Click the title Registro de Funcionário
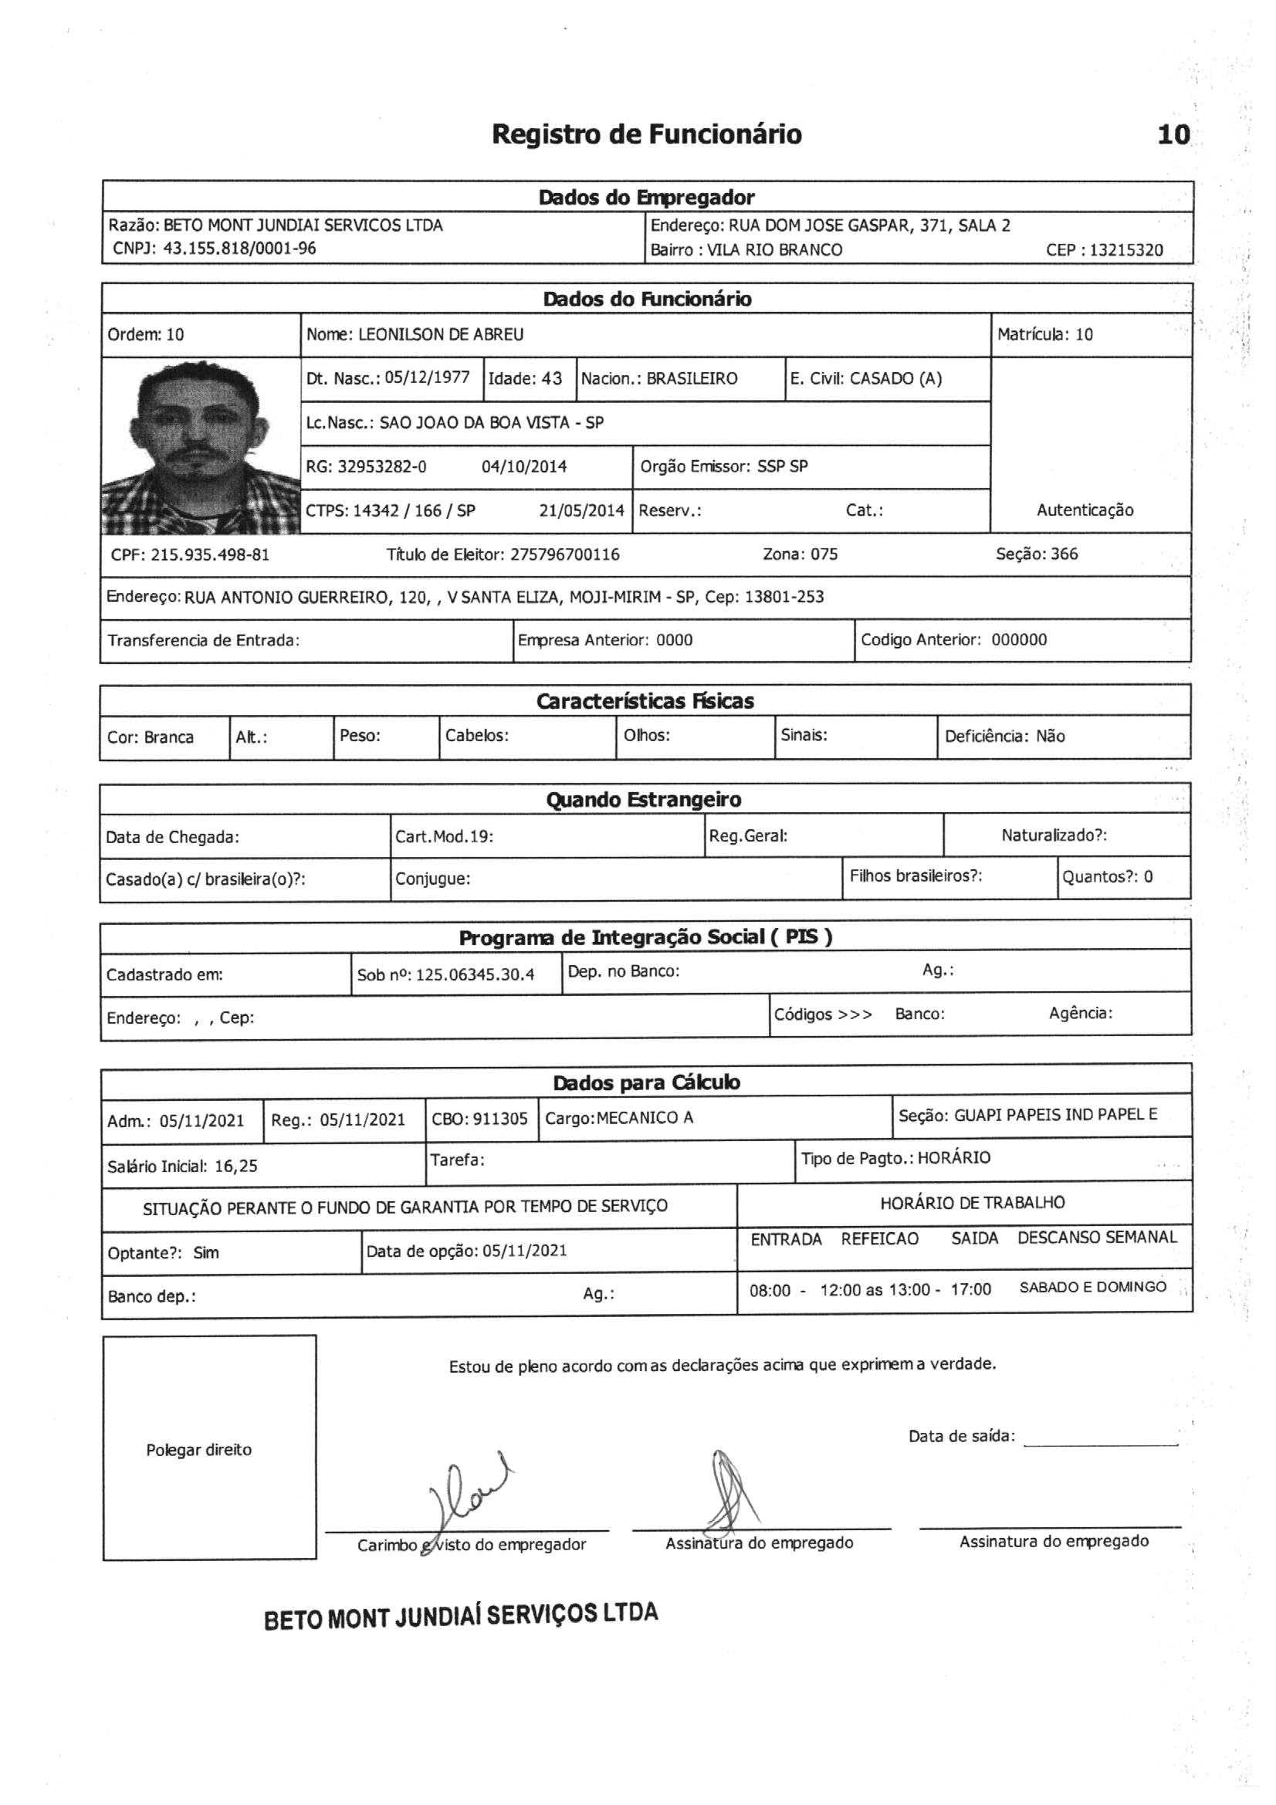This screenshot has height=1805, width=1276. point(646,134)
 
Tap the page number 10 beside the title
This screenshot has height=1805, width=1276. point(1173,135)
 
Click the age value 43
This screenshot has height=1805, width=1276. point(551,378)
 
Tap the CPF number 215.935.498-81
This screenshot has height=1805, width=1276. point(210,554)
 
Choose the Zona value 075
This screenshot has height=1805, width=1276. point(824,554)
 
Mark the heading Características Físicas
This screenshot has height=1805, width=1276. point(645,701)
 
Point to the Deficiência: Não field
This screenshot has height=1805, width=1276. point(1005,737)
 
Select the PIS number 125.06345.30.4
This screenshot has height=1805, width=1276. point(475,975)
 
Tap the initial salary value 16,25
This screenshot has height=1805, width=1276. point(236,1166)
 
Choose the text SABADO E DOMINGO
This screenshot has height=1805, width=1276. point(1092,1287)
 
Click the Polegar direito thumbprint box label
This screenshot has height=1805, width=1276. point(199,1450)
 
